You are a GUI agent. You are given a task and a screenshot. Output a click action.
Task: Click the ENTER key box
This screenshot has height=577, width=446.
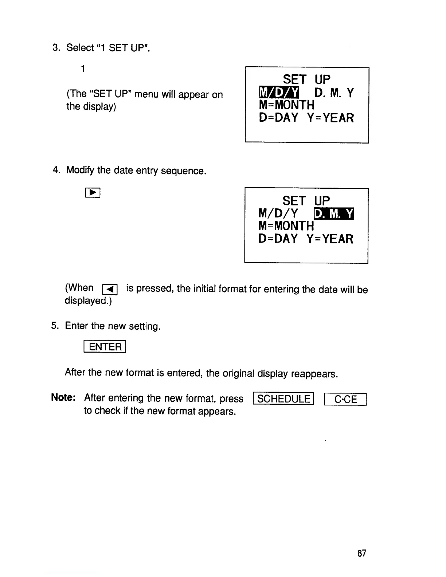pos(105,346)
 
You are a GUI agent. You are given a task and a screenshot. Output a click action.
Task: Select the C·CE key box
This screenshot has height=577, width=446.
pos(345,400)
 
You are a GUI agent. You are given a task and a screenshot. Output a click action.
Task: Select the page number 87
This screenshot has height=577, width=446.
pos(361,554)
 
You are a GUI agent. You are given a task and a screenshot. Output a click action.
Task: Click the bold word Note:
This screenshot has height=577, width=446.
pos(63,397)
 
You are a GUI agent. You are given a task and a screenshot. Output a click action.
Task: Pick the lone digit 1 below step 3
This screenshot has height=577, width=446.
pos(83,68)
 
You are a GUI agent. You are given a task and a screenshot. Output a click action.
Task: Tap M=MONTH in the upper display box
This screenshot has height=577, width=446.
pos(286,105)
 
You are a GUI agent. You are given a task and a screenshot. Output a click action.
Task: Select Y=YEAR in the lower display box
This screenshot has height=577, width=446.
pos(330,239)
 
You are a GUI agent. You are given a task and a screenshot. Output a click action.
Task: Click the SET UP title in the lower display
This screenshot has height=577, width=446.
pos(306,200)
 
